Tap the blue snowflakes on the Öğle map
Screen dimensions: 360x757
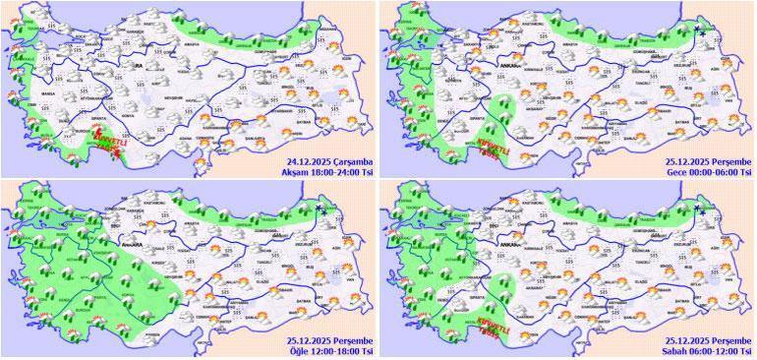pos(323,209)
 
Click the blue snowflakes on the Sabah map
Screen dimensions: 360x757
pos(702,209)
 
